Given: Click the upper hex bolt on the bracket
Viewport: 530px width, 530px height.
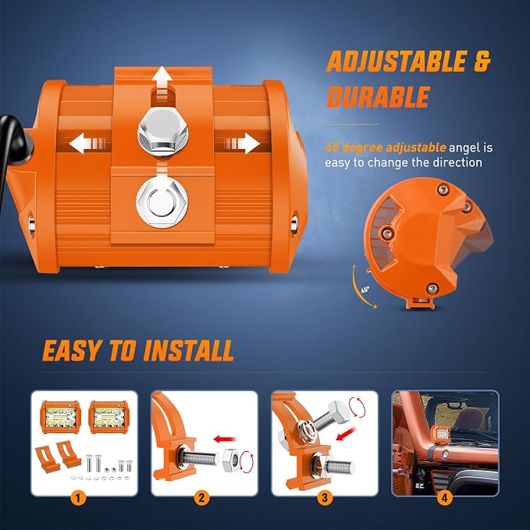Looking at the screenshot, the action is coord(163,131).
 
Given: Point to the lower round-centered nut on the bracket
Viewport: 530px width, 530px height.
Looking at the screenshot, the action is coord(162,202).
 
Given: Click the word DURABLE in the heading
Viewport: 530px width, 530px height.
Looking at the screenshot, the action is coord(379,97).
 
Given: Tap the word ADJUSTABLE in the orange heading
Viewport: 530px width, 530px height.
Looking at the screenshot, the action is coord(397,61).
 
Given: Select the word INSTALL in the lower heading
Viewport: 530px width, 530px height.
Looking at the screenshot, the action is coord(188,350).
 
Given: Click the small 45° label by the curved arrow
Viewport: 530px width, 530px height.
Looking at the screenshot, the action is coord(365,290).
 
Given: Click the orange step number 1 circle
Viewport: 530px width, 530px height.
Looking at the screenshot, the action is coord(78,498).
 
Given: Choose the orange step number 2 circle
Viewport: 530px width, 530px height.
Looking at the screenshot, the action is coord(202,498).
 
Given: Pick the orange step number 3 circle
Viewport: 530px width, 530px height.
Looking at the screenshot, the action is coord(325,498).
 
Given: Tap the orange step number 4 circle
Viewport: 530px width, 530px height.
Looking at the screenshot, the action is coord(444,498).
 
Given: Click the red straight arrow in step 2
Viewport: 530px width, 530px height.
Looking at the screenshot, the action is coord(225,439).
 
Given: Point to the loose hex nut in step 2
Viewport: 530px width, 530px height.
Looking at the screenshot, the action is coord(232,461).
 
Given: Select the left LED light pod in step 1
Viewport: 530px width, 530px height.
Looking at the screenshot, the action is coord(61,417).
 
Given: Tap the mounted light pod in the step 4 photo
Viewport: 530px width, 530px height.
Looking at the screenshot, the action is coord(439,434).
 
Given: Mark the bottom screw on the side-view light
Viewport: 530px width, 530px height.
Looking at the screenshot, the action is coord(432,289).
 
